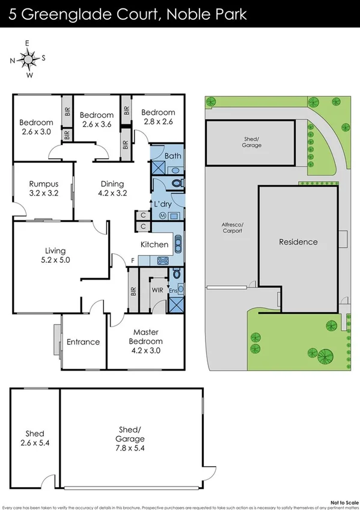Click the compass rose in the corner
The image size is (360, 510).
(x=28, y=59)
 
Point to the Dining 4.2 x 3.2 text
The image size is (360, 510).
(x=112, y=189)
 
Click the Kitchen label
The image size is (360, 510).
(x=154, y=245)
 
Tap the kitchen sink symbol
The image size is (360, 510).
(x=178, y=244)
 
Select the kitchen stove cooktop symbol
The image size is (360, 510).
(x=162, y=260)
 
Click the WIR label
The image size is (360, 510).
(x=157, y=289)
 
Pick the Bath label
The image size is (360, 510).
(x=173, y=156)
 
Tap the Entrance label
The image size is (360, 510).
(x=83, y=342)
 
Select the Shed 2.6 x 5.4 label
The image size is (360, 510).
(x=35, y=438)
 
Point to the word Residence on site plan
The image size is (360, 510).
(x=298, y=242)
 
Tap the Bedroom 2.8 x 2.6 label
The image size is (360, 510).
(x=158, y=117)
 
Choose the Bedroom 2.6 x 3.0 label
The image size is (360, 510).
(x=37, y=123)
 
